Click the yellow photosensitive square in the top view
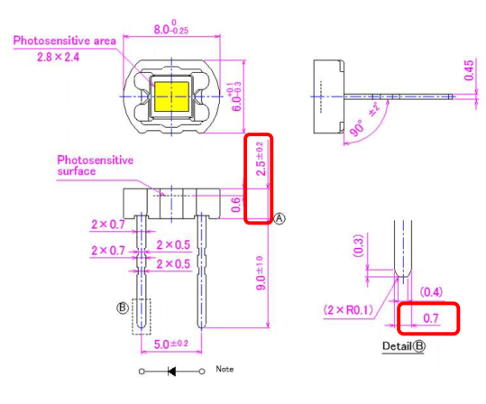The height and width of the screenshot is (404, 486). click(x=170, y=95)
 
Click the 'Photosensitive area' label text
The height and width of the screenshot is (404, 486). click(x=62, y=41)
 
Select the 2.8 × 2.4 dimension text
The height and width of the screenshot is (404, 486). click(x=58, y=57)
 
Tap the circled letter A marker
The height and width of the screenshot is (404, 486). click(x=280, y=219)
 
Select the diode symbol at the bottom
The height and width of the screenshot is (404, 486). click(x=170, y=371)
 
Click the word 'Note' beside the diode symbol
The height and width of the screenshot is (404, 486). click(x=225, y=369)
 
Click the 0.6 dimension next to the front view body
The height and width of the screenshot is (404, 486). click(x=236, y=207)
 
